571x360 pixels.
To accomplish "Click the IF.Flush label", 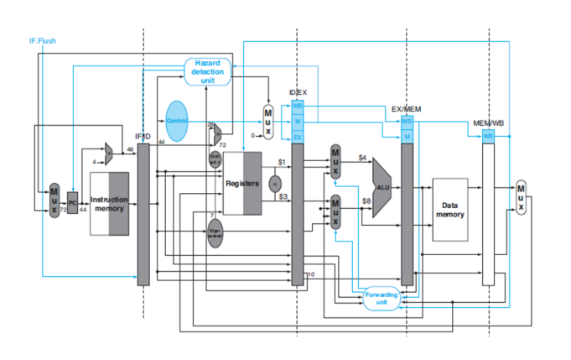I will [x=43, y=40].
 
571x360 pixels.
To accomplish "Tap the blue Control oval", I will [x=177, y=120].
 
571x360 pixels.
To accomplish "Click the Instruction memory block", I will [x=109, y=204].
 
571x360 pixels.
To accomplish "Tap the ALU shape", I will [x=382, y=186].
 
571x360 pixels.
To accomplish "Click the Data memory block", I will [x=449, y=209].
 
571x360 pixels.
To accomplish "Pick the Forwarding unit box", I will [x=382, y=299].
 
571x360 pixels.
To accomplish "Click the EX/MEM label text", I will [x=407, y=109].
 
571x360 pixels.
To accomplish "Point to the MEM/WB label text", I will [x=487, y=124].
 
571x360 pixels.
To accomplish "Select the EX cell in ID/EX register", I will [x=297, y=136].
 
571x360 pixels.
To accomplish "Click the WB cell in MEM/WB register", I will [x=487, y=135].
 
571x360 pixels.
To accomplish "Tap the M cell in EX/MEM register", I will [x=407, y=136].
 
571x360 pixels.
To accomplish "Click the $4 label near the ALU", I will [x=362, y=158].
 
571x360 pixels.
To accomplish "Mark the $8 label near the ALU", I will [x=366, y=201].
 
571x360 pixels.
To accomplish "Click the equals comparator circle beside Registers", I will [x=273, y=181].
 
